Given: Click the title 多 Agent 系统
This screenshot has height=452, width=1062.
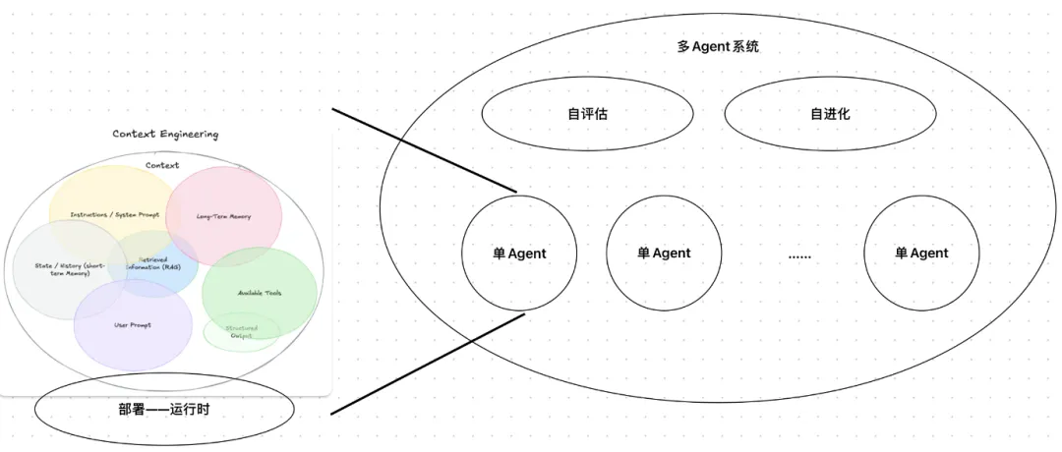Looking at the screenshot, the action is (x=718, y=46).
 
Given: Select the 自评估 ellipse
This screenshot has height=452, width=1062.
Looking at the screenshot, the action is (x=587, y=113).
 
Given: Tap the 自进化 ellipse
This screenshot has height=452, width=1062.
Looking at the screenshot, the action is (x=830, y=113).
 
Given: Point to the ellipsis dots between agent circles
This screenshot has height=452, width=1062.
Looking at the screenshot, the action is (x=799, y=254).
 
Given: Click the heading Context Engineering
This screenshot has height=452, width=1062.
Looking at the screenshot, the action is (x=165, y=134).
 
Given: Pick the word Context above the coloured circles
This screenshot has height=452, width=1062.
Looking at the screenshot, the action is (x=162, y=166).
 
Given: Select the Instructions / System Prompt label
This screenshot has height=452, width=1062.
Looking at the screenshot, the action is (x=114, y=215).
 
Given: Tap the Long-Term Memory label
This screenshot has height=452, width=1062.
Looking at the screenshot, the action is (x=224, y=216).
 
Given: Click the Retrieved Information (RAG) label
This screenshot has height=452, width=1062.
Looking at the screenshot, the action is (x=152, y=265).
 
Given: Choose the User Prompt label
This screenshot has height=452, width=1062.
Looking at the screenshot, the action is (x=132, y=325).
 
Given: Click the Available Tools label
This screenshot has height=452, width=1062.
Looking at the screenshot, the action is (x=260, y=293).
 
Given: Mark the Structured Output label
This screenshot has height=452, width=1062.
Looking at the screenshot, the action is (x=241, y=332).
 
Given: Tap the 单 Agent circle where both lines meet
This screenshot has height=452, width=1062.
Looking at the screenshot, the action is (x=519, y=253).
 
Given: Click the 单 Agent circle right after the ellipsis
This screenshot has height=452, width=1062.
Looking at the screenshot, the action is (x=921, y=253).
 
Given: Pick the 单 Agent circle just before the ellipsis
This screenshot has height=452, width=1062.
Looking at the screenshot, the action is (x=664, y=253).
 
